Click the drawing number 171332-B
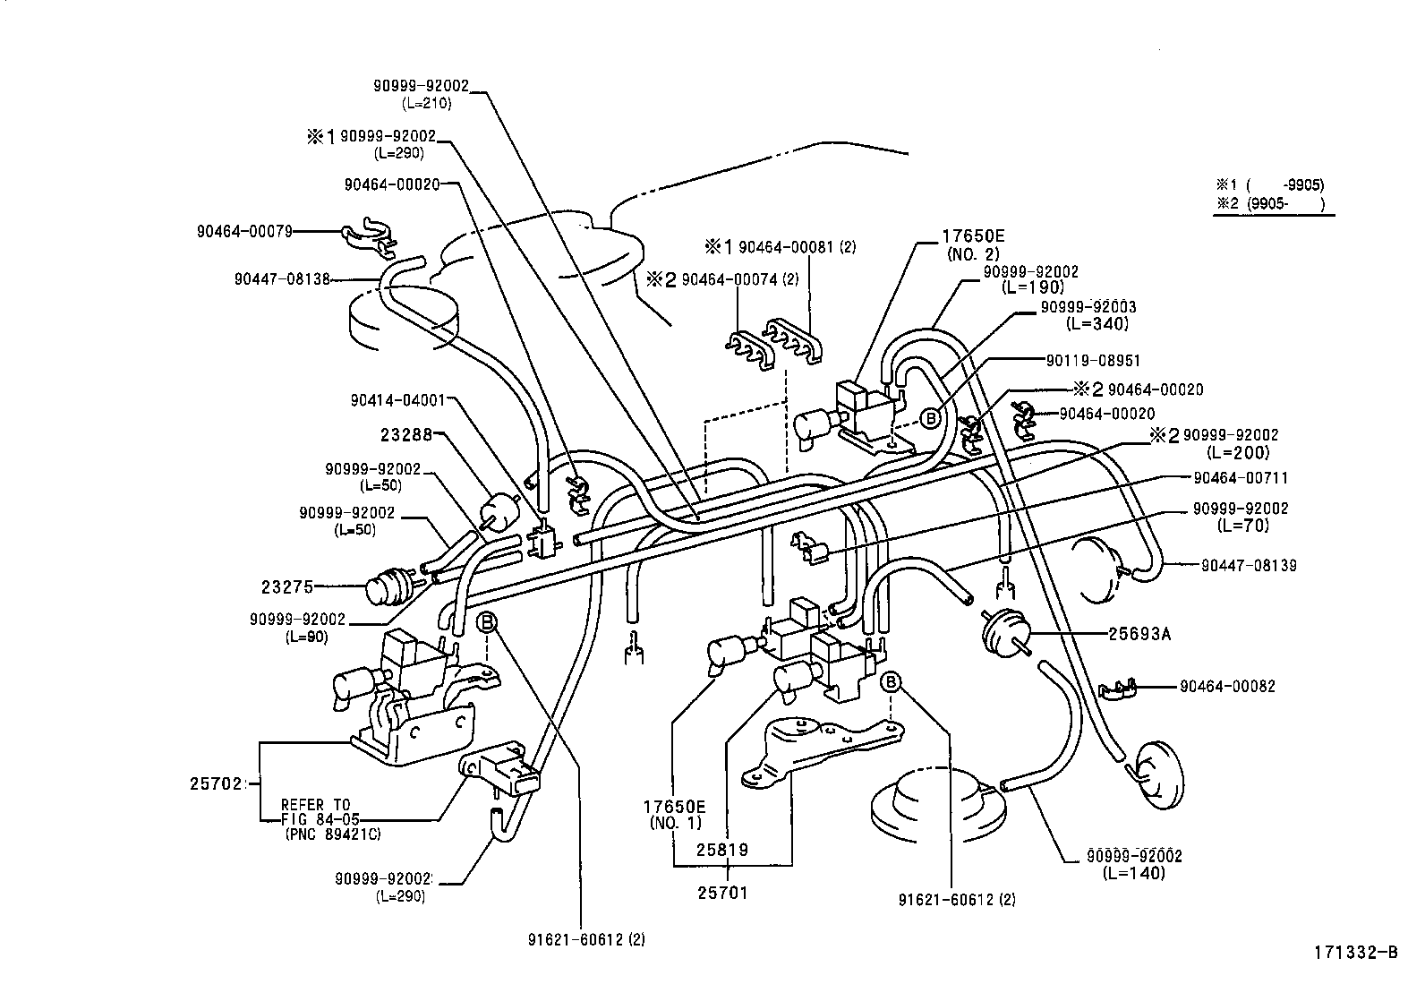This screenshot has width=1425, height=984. [x=1355, y=953]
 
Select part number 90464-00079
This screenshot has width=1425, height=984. [x=244, y=231]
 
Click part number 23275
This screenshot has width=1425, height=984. [x=287, y=587]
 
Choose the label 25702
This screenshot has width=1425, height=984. [x=216, y=783]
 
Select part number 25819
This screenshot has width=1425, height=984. [x=722, y=849]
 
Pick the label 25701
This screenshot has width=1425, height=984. [x=722, y=893]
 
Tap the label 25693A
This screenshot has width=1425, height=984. [x=1139, y=634]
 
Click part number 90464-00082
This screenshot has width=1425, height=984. [x=1227, y=687]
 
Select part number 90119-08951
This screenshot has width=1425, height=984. [x=1093, y=361]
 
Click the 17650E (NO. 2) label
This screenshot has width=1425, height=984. [x=973, y=244]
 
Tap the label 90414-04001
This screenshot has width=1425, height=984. [x=396, y=400]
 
